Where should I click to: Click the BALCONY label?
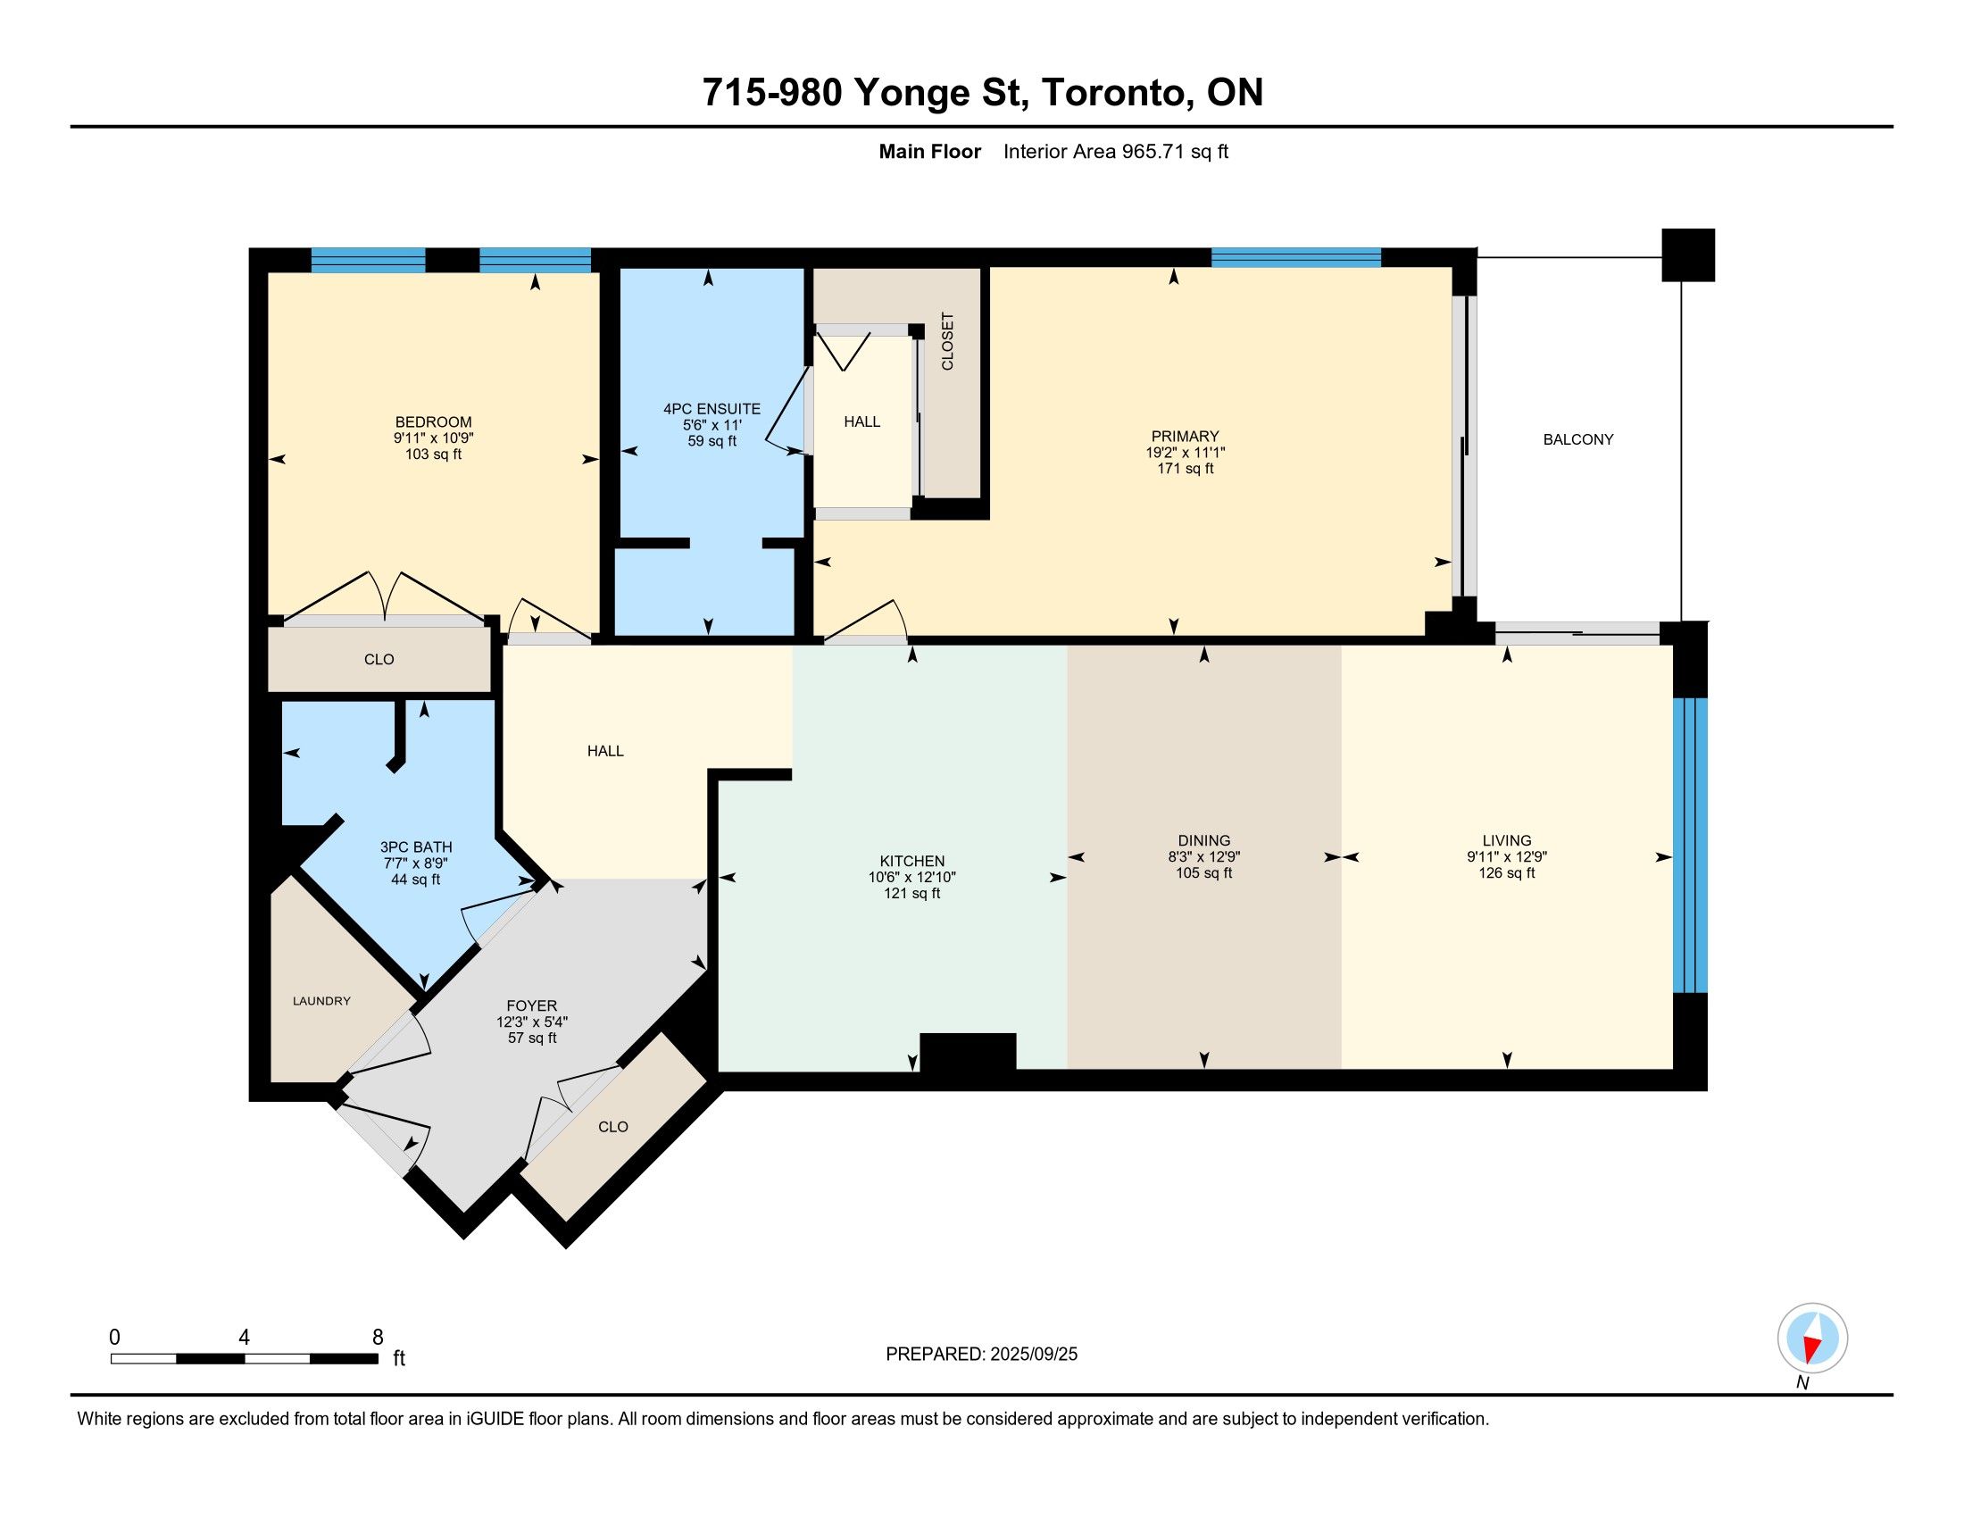(x=1578, y=438)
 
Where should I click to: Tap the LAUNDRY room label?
(x=322, y=1001)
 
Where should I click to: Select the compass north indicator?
(x=1812, y=1340)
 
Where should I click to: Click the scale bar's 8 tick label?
(x=378, y=1337)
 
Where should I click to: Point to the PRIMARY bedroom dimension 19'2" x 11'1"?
(x=1186, y=454)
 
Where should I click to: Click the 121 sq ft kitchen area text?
(x=911, y=893)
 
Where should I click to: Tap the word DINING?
(x=1204, y=841)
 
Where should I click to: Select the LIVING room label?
(x=1507, y=841)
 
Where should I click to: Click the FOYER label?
(x=531, y=1005)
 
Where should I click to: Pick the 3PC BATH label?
(x=415, y=847)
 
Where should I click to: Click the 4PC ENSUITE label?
(x=712, y=408)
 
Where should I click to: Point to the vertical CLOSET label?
(x=947, y=341)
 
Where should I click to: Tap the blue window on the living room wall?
(x=1690, y=845)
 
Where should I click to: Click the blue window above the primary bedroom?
(x=1296, y=257)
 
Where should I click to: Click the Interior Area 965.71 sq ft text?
(x=1115, y=151)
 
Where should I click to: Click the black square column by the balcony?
(x=1688, y=254)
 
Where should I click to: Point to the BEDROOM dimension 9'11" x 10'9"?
(x=434, y=438)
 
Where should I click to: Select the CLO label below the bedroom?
(x=379, y=659)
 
